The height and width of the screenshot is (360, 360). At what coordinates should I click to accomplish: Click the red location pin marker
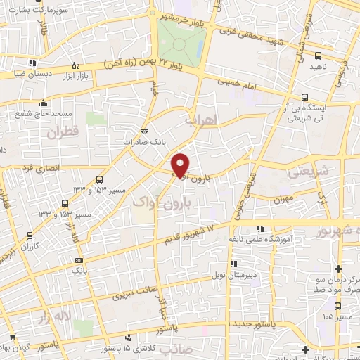181,164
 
